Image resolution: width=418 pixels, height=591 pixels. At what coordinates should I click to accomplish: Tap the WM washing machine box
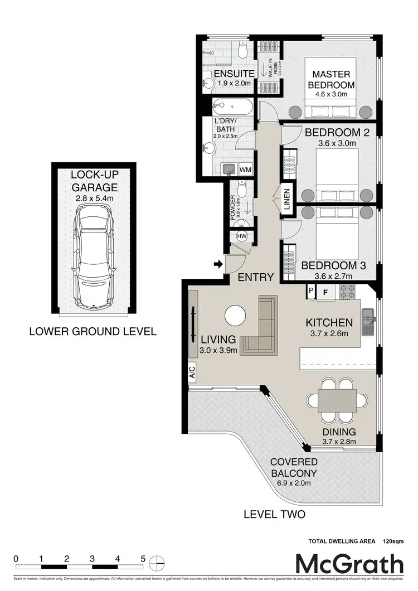[x=245, y=169]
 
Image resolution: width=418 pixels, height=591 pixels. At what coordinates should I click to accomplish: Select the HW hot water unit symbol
[x=242, y=236]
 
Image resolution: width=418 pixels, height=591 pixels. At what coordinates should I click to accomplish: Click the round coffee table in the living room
[x=235, y=317]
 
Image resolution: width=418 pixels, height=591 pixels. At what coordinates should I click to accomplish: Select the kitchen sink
[x=368, y=322]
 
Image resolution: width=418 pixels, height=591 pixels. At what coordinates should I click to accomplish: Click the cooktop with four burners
[x=348, y=291]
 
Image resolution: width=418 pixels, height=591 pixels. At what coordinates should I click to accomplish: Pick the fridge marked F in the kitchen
[x=325, y=291]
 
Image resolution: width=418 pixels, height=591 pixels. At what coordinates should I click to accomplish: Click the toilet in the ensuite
[x=242, y=51]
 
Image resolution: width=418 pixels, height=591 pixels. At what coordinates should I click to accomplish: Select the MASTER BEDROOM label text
[x=331, y=80]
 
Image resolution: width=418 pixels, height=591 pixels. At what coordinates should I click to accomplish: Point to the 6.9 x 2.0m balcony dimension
[x=294, y=483]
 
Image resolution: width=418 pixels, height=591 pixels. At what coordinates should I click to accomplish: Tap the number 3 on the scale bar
[x=92, y=558]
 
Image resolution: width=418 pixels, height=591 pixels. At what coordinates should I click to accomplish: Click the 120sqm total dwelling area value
[x=393, y=541]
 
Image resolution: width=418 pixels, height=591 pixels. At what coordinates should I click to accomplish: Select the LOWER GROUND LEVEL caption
[x=93, y=331]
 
